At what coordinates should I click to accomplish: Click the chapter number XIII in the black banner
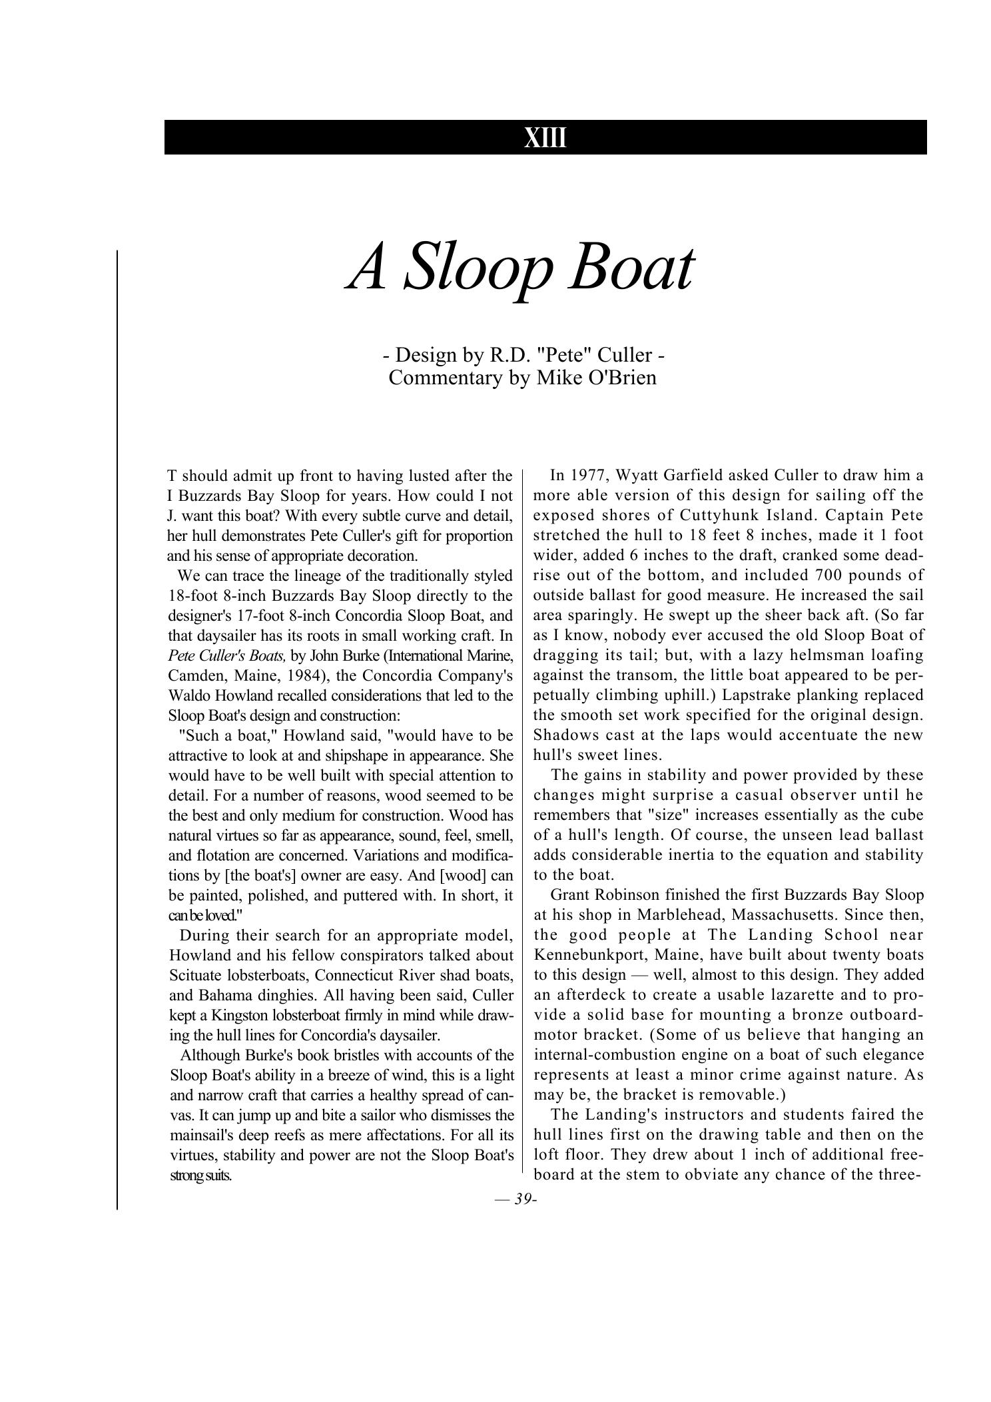point(545,138)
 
